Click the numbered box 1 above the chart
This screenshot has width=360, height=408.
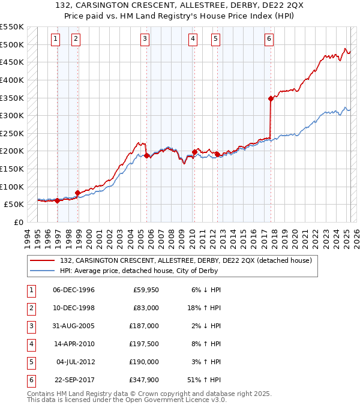[x=55, y=40]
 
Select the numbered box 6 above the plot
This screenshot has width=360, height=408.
[x=269, y=40]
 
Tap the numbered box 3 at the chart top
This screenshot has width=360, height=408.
[x=145, y=40]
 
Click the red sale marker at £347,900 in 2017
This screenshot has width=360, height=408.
[x=271, y=98]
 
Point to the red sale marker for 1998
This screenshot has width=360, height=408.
[x=77, y=193]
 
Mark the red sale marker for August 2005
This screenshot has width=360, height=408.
[x=146, y=155]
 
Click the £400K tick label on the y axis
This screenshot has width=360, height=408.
[x=12, y=80]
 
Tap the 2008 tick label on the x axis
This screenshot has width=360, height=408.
[x=173, y=237]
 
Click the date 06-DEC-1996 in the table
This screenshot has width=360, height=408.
[x=74, y=290]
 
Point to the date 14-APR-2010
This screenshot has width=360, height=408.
[x=74, y=344]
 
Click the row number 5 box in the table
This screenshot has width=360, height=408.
[x=30, y=362]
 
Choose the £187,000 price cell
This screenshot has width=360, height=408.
[x=145, y=326]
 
